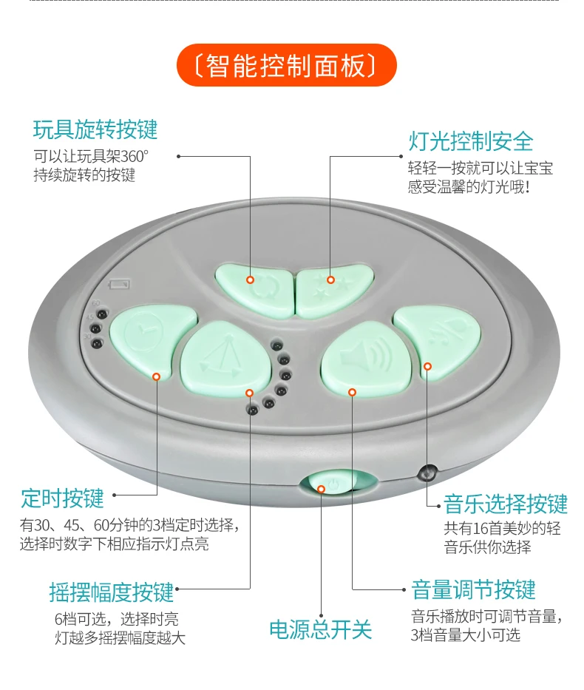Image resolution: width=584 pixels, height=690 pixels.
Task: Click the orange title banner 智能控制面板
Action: click(287, 66)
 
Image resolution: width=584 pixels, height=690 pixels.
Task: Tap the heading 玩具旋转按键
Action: click(95, 129)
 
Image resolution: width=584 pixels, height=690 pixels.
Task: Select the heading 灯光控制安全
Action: click(471, 141)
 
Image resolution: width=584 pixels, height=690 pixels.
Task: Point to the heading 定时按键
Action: click(63, 498)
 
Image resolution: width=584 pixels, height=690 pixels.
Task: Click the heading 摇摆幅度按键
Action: click(112, 592)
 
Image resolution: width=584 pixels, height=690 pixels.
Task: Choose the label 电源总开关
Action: click(320, 629)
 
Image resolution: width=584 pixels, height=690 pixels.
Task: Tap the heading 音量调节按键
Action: click(473, 590)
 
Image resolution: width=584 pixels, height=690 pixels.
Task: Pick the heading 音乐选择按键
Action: click(506, 504)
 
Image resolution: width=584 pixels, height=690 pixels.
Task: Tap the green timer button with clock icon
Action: click(152, 338)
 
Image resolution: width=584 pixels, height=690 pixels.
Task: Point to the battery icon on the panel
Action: click(118, 285)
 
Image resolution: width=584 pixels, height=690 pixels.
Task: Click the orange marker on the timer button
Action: click(156, 376)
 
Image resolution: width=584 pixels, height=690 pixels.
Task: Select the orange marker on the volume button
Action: click(353, 392)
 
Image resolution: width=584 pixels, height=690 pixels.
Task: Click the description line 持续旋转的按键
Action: click(84, 175)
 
